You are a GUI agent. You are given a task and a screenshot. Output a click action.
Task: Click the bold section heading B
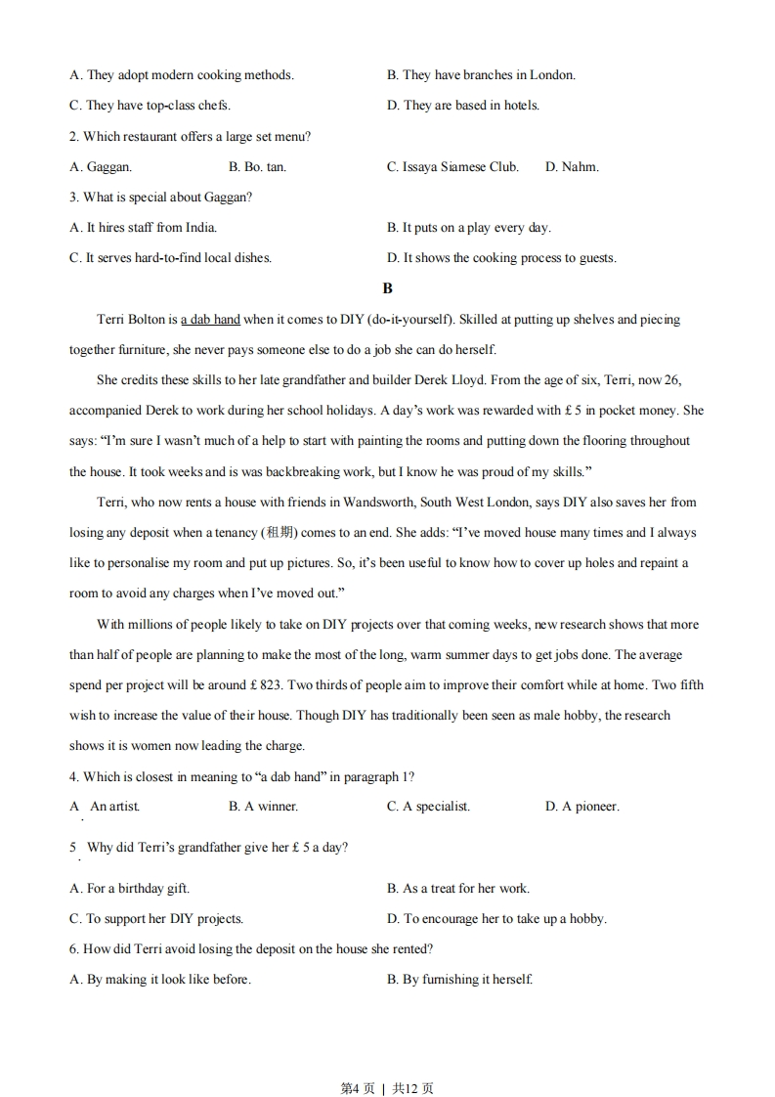[388, 288]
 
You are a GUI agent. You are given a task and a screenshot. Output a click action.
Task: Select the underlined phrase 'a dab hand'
[210, 320]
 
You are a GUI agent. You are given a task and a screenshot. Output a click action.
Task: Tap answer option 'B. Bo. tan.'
[257, 167]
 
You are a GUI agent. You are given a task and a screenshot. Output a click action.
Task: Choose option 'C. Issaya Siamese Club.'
[452, 167]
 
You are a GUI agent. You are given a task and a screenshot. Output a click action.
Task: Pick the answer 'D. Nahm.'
[572, 167]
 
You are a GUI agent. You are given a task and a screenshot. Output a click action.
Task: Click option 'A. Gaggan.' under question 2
[101, 167]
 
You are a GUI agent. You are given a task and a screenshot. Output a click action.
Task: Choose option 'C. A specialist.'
[428, 807]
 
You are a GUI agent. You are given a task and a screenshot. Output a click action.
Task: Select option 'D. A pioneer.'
[581, 807]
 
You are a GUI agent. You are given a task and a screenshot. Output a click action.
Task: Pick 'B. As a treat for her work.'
[458, 889]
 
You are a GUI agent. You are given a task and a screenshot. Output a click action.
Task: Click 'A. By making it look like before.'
[160, 980]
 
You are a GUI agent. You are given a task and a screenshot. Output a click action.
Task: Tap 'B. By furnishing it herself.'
[459, 980]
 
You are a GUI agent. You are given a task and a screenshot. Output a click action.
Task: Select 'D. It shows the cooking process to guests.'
[501, 258]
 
